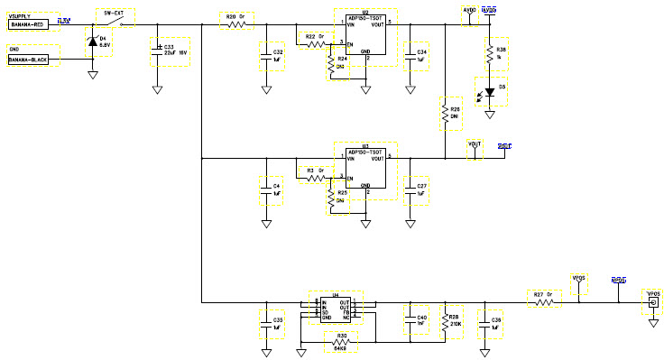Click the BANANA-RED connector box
click(x=32, y=25)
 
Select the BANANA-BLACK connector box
click(x=32, y=60)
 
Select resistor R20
click(x=237, y=24)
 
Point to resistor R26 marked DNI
click(x=444, y=114)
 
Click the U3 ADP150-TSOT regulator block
click(x=365, y=171)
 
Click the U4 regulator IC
click(x=336, y=309)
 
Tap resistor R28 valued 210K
click(x=444, y=322)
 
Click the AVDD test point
click(x=469, y=14)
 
